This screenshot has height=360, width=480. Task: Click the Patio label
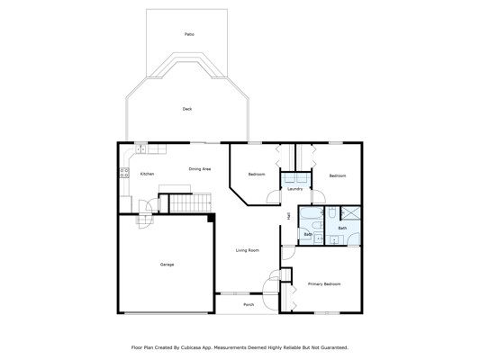coord(189,34)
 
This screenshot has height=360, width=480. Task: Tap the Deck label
coord(187,109)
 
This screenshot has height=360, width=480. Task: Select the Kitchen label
coord(147,174)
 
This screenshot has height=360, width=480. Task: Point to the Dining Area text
coord(200,169)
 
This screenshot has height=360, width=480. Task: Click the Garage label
coord(167,265)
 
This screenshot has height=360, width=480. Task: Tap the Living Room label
coord(248,250)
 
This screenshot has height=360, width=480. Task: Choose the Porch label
coord(249,304)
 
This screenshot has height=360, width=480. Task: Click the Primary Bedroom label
coord(324,284)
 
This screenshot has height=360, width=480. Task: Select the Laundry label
coord(295,189)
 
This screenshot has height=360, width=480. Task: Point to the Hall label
coord(288,216)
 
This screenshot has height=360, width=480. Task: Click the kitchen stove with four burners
coord(124,173)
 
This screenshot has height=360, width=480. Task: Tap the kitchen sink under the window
coord(141,149)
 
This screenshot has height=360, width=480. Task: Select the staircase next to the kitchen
coord(190,202)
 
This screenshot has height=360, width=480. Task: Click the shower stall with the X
coord(350,213)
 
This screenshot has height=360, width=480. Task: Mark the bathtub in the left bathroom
coord(312,213)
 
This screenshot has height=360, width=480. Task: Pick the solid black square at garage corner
coord(211,218)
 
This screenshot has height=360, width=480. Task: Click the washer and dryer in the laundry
coord(295,177)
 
